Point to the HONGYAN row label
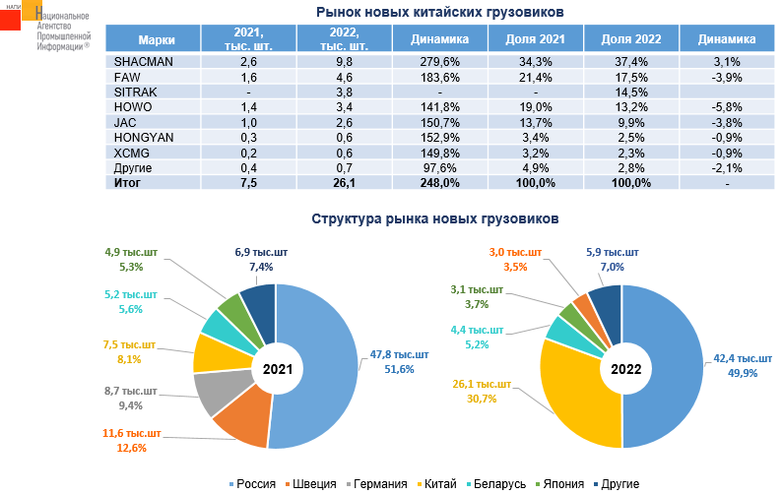pyautogui.click(x=145, y=137)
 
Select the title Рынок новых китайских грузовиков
pyautogui.click(x=439, y=13)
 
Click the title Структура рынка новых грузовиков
pyautogui.click(x=435, y=218)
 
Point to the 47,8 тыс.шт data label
pyautogui.click(x=400, y=354)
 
